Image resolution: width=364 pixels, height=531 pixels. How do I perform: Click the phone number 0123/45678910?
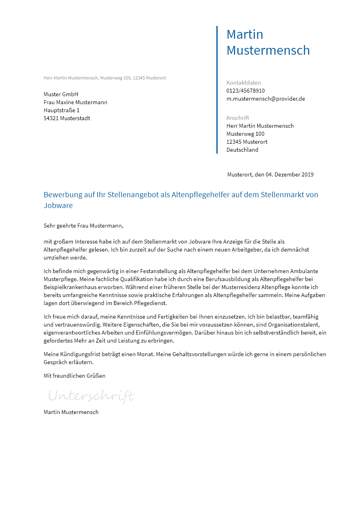[x=246, y=91]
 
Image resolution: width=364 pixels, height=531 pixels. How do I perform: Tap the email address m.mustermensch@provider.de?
[x=266, y=99]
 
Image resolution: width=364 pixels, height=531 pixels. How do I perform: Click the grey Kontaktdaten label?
[x=244, y=83]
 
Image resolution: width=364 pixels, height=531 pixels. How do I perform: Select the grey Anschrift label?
[x=238, y=118]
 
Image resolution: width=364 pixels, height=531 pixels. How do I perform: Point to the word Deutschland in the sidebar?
[x=242, y=150]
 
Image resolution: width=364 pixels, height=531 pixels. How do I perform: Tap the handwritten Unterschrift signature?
[x=91, y=396]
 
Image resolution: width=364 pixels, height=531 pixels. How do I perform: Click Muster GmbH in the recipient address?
[x=61, y=94]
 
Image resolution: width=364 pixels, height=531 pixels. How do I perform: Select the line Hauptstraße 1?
[x=62, y=110]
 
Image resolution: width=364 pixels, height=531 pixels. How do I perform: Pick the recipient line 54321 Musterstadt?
[x=67, y=118]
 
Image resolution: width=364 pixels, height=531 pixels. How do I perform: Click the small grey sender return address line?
[x=105, y=78]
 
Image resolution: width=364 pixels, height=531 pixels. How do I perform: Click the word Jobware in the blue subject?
[x=58, y=206]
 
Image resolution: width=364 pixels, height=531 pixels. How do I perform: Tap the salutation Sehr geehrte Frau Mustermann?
[x=83, y=226]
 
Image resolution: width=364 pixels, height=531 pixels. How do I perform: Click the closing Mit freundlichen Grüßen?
[x=74, y=376]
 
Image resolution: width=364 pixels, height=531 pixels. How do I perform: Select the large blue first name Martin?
[x=245, y=34]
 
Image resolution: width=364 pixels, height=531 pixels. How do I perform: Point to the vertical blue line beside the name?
[x=217, y=90]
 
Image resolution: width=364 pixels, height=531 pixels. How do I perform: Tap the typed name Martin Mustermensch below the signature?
[x=71, y=412]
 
